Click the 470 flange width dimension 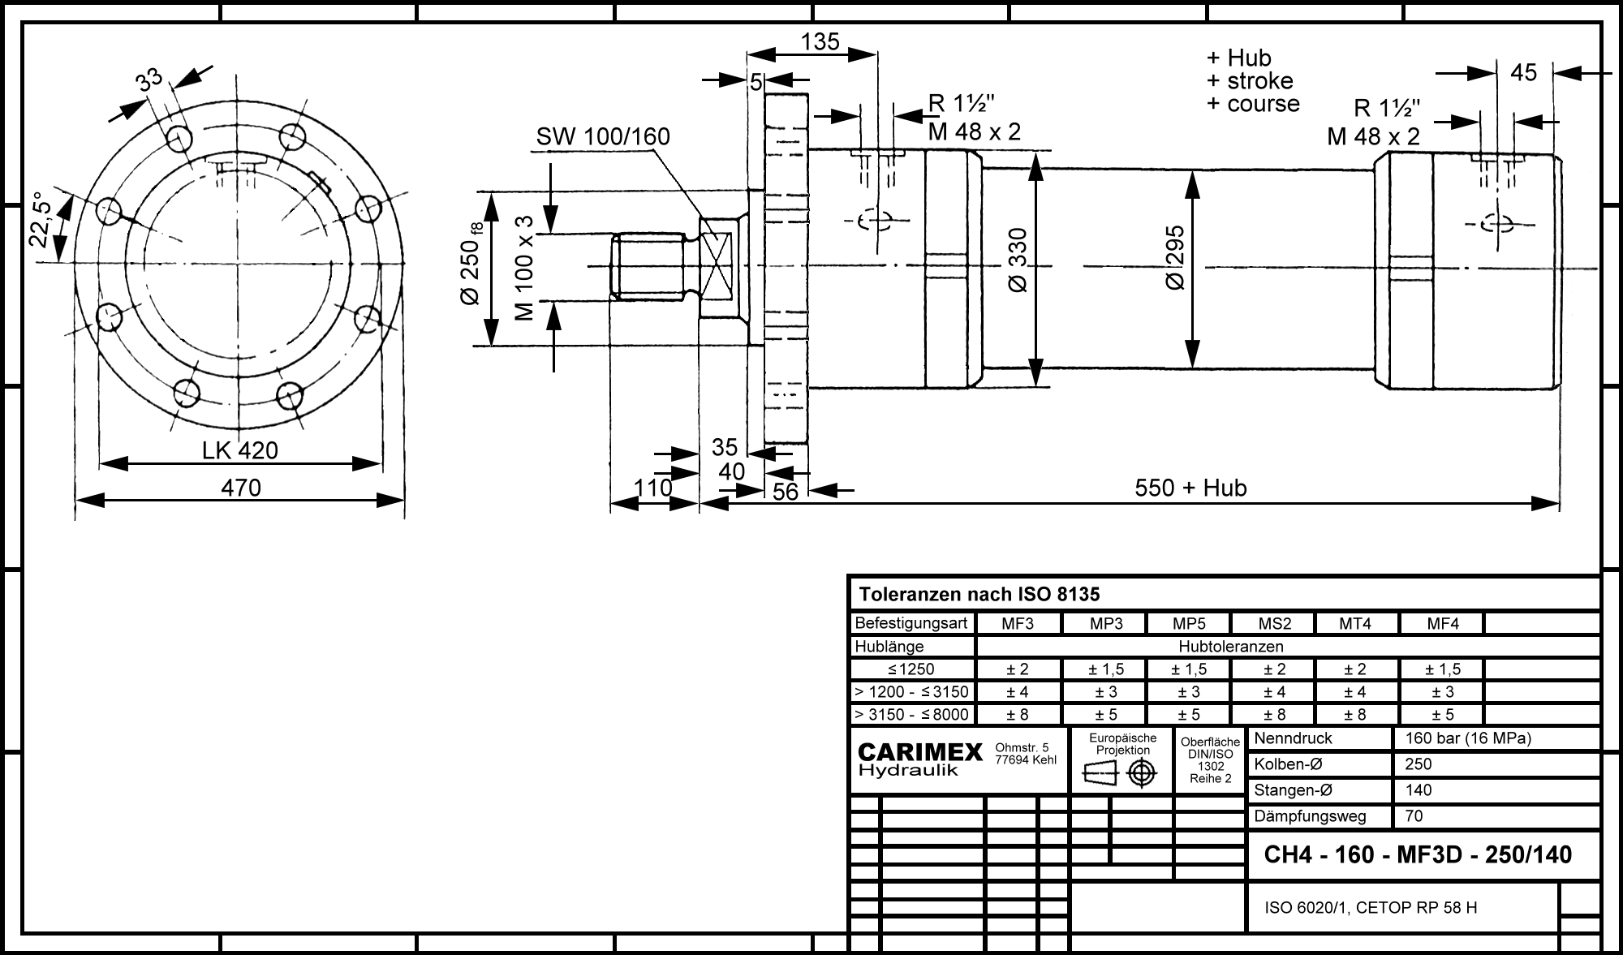click(x=242, y=488)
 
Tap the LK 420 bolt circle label click(x=240, y=450)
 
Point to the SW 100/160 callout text click(x=603, y=136)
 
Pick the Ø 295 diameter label click(x=1175, y=257)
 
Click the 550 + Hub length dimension click(x=1190, y=488)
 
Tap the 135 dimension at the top click(x=820, y=41)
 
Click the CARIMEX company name click(x=920, y=752)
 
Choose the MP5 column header click(x=1189, y=623)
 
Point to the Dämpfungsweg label click(x=1310, y=816)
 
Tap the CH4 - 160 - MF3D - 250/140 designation click(x=1418, y=854)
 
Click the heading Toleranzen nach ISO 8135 click(x=979, y=595)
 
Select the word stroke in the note click(x=1260, y=81)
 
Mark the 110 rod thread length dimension click(x=653, y=488)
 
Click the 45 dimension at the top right click(x=1524, y=73)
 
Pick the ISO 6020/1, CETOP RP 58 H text click(x=1371, y=907)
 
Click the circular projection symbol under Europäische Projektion click(x=1142, y=774)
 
